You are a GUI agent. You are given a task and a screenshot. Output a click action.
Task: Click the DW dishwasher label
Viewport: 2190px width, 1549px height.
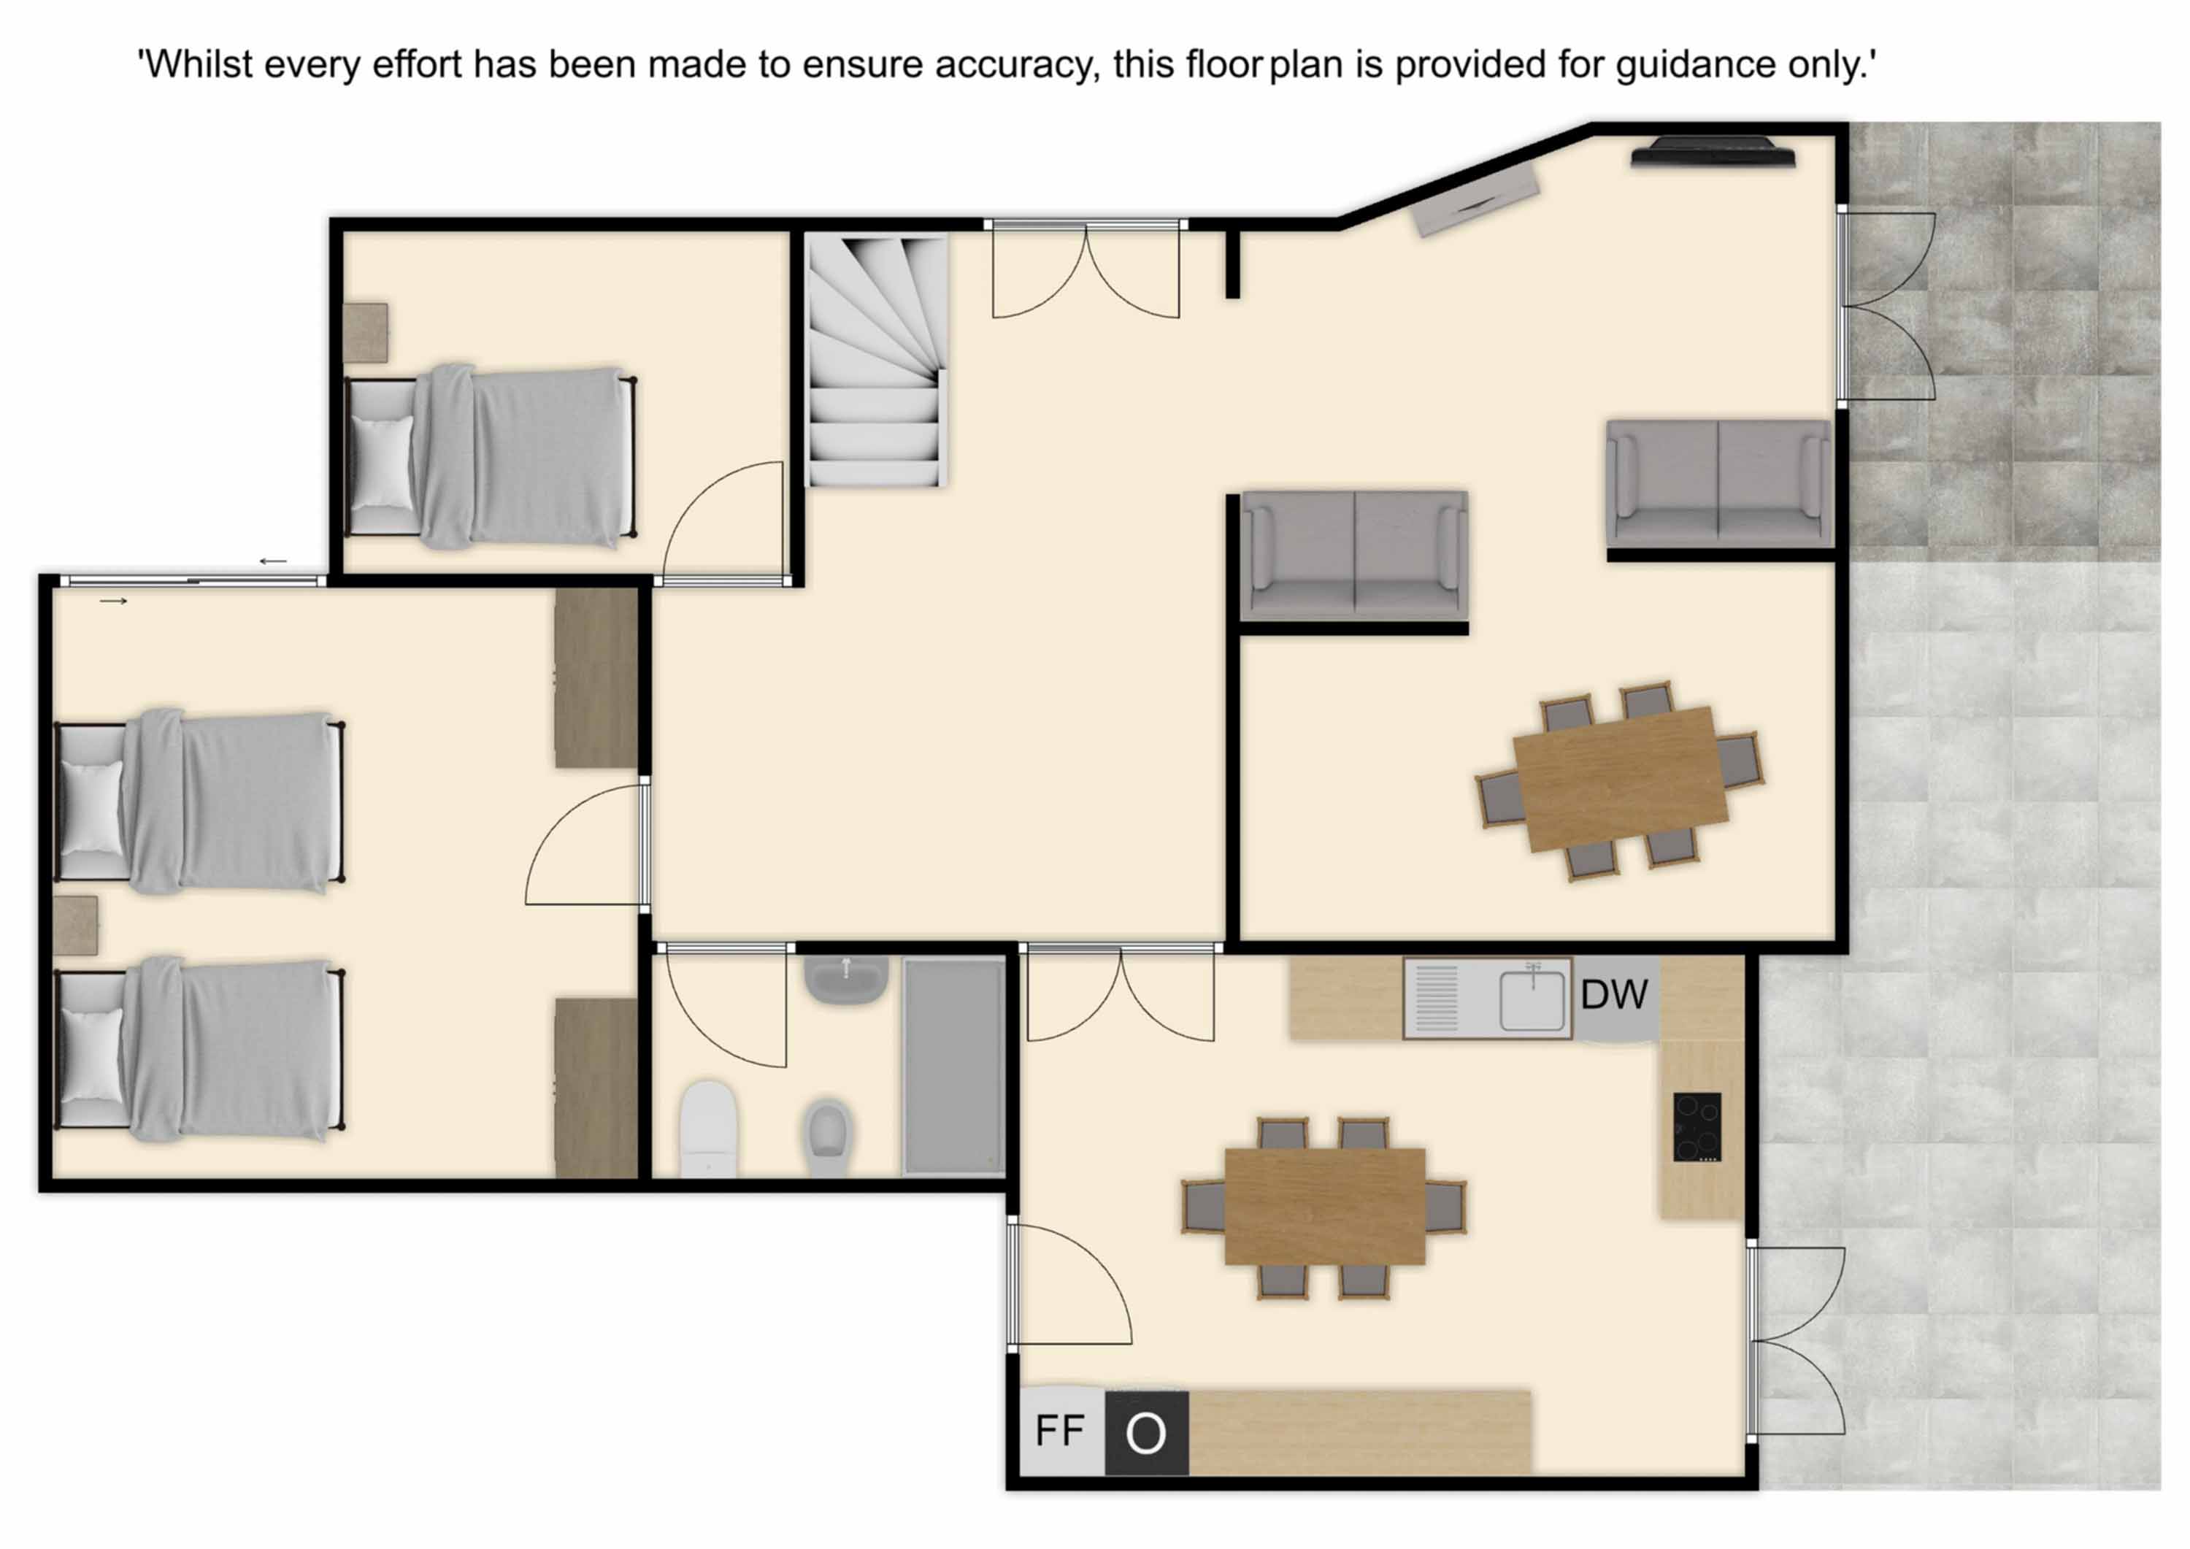[x=1614, y=995]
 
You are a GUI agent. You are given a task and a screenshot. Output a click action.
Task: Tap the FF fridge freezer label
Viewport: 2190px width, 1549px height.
[x=1060, y=1431]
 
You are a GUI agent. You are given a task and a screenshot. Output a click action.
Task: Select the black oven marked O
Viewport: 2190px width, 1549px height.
[x=1147, y=1433]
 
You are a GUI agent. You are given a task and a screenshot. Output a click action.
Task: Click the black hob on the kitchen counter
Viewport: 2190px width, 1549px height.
[x=1698, y=1126]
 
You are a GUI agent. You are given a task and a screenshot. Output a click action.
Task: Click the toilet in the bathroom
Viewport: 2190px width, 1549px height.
[x=709, y=1129]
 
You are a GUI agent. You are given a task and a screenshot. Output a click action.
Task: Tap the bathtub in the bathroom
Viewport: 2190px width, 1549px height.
[x=954, y=1066]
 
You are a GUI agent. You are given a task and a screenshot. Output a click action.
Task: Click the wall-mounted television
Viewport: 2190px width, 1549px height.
[x=1713, y=153]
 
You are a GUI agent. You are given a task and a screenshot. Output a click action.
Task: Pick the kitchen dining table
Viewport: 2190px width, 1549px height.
[x=1325, y=1207]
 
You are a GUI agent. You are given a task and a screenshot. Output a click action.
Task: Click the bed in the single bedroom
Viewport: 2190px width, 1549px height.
[x=491, y=457]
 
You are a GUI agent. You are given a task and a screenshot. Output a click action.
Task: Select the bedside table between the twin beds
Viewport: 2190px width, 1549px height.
[x=75, y=925]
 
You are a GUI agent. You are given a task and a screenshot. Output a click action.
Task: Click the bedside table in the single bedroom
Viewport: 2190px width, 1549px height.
[x=365, y=333]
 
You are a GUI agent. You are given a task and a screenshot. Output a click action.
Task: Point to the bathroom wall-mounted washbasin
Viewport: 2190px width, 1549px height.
[x=846, y=980]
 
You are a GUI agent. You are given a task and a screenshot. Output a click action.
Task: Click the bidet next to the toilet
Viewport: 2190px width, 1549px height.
[x=827, y=1138]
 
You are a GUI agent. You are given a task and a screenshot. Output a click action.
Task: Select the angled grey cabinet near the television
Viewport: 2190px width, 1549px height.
[x=1475, y=199]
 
